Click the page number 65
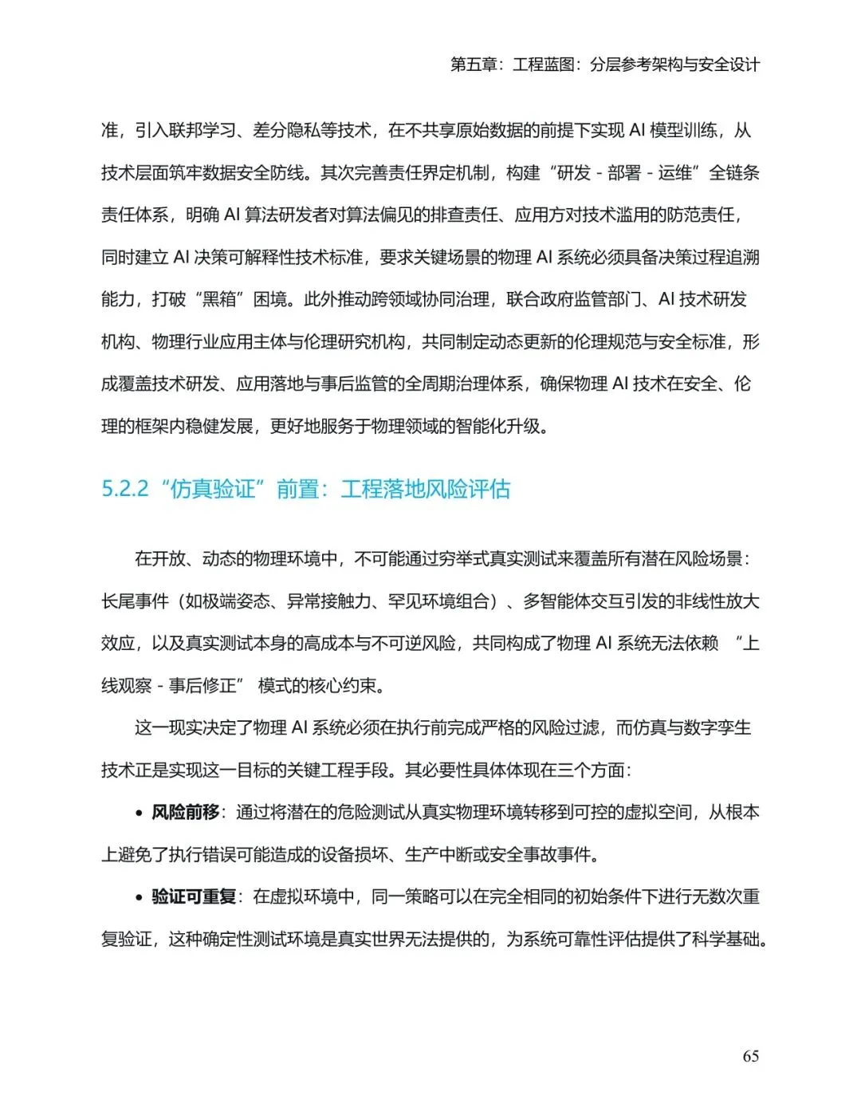point(750,1056)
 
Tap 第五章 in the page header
point(474,65)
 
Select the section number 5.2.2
point(125,488)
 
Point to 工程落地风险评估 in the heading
point(426,488)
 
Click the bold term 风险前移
point(186,812)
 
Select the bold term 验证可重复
point(194,896)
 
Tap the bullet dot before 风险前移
point(140,813)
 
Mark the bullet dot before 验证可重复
point(140,897)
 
